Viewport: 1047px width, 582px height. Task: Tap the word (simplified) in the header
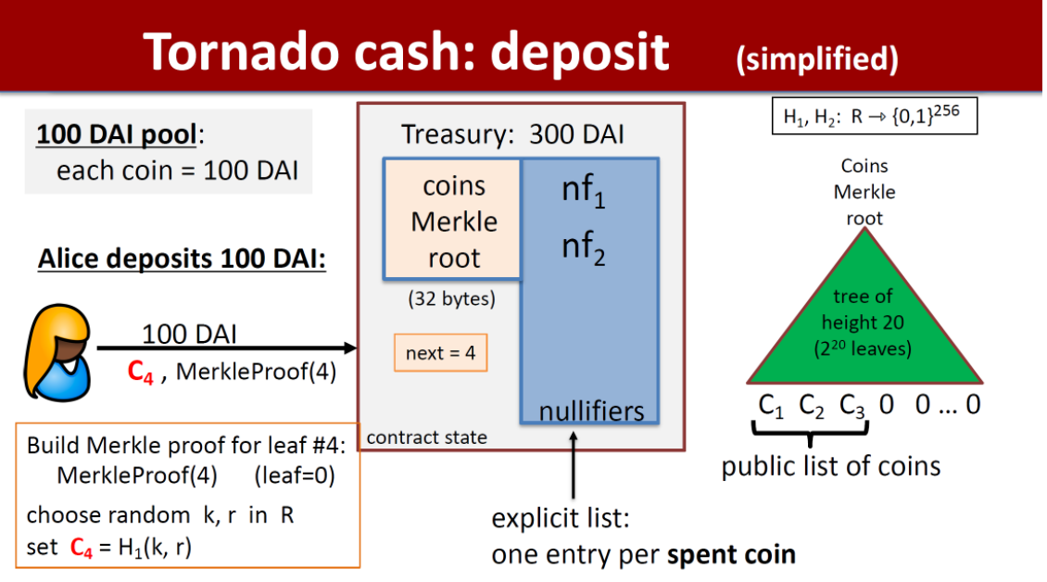point(816,58)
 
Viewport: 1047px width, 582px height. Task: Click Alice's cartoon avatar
point(57,351)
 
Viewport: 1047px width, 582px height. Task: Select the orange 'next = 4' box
point(440,353)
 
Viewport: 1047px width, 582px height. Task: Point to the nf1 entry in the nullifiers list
point(584,191)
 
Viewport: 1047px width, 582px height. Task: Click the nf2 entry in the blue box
point(584,249)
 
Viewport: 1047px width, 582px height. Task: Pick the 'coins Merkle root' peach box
point(453,221)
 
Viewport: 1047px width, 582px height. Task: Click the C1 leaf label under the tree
point(773,405)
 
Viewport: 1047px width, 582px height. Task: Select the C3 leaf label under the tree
point(852,405)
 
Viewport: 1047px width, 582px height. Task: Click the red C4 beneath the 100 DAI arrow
point(140,373)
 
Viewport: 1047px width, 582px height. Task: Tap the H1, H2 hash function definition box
point(874,118)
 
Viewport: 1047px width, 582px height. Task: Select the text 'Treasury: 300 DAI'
point(512,134)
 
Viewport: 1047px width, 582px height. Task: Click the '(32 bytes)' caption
point(452,299)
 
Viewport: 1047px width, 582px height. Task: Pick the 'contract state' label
point(427,436)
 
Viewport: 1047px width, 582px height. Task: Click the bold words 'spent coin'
point(731,554)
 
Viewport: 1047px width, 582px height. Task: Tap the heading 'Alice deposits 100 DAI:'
point(182,259)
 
